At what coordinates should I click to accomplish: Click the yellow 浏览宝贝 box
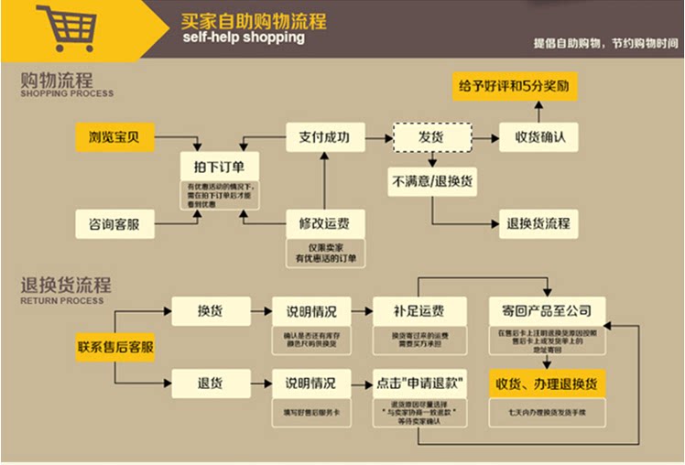(x=114, y=138)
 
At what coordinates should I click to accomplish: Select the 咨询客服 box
(x=114, y=223)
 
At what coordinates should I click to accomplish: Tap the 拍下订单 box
(x=219, y=168)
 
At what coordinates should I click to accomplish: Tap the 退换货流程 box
(x=538, y=223)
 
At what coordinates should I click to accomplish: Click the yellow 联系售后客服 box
(x=115, y=347)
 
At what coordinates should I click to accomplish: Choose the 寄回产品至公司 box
(x=546, y=310)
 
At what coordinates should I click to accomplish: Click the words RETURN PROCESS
(x=61, y=300)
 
